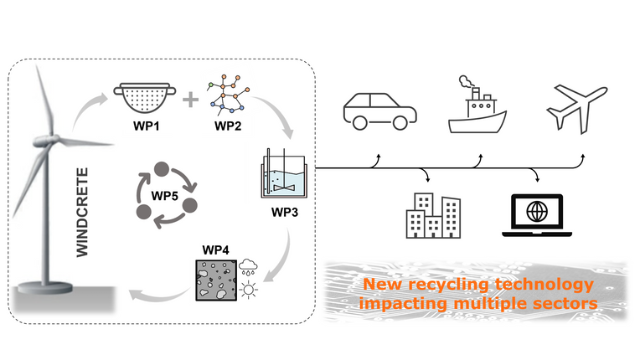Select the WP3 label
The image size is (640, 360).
[284, 210]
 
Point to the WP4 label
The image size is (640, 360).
[216, 249]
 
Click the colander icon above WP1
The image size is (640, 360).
[142, 100]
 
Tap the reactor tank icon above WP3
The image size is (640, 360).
[283, 172]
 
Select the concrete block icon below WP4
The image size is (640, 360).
[217, 280]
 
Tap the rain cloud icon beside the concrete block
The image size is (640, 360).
[248, 268]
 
